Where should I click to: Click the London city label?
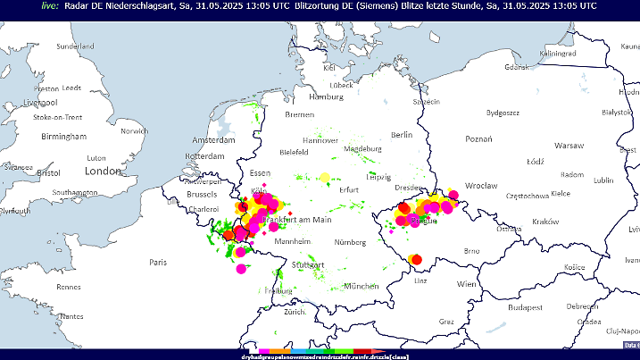click(103, 171)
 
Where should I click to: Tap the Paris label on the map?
click(158, 263)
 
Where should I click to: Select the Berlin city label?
click(402, 135)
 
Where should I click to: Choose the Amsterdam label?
click(212, 141)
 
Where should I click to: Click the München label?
click(362, 286)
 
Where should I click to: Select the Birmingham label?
click(63, 137)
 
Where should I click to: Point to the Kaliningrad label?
click(558, 54)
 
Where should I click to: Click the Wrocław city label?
click(481, 186)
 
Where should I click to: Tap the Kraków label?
click(544, 221)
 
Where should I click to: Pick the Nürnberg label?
click(349, 242)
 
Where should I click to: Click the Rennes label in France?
click(69, 287)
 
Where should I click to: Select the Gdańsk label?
click(519, 67)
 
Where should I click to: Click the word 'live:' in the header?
click(50, 5)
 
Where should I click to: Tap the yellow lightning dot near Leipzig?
click(325, 177)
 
